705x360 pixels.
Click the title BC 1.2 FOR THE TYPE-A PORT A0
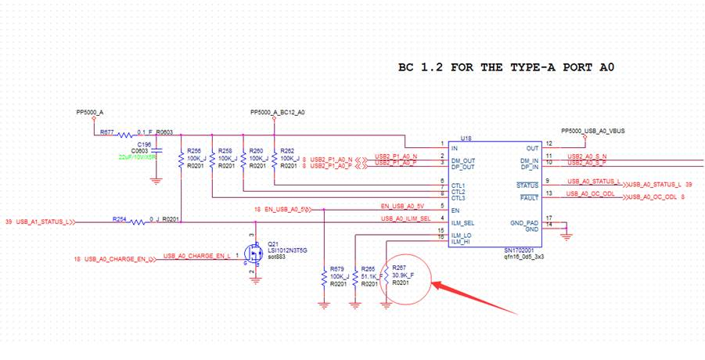(506, 68)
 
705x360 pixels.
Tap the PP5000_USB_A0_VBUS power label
(592, 130)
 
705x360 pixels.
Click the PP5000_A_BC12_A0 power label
(277, 112)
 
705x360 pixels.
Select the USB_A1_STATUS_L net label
(45, 221)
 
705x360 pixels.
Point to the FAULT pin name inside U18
(529, 198)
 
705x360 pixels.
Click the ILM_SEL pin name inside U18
(462, 223)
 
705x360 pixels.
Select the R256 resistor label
(195, 150)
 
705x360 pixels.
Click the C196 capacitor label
(145, 144)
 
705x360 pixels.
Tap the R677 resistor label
(106, 132)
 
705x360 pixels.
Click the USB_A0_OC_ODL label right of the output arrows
(660, 198)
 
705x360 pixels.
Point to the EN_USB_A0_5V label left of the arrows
(282, 210)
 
